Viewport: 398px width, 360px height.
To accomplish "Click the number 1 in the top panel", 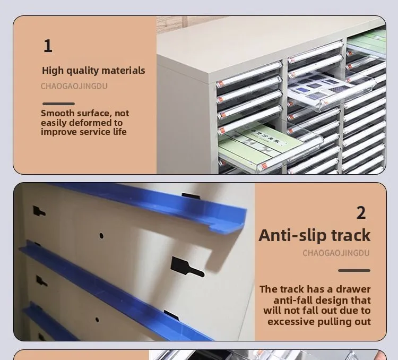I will point(48,46).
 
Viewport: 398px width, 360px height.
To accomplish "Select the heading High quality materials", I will point(93,71).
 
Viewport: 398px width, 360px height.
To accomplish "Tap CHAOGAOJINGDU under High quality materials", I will point(74,86).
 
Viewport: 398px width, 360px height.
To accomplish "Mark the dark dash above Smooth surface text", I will point(58,104).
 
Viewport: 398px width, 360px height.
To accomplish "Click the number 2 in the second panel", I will point(361,213).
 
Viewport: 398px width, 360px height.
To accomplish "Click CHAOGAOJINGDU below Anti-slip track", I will point(336,253).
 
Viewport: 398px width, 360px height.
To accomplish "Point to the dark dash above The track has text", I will point(354,270).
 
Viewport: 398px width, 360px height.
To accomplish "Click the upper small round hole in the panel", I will point(101,235).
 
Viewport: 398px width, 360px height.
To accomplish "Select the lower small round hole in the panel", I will point(97,320).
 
